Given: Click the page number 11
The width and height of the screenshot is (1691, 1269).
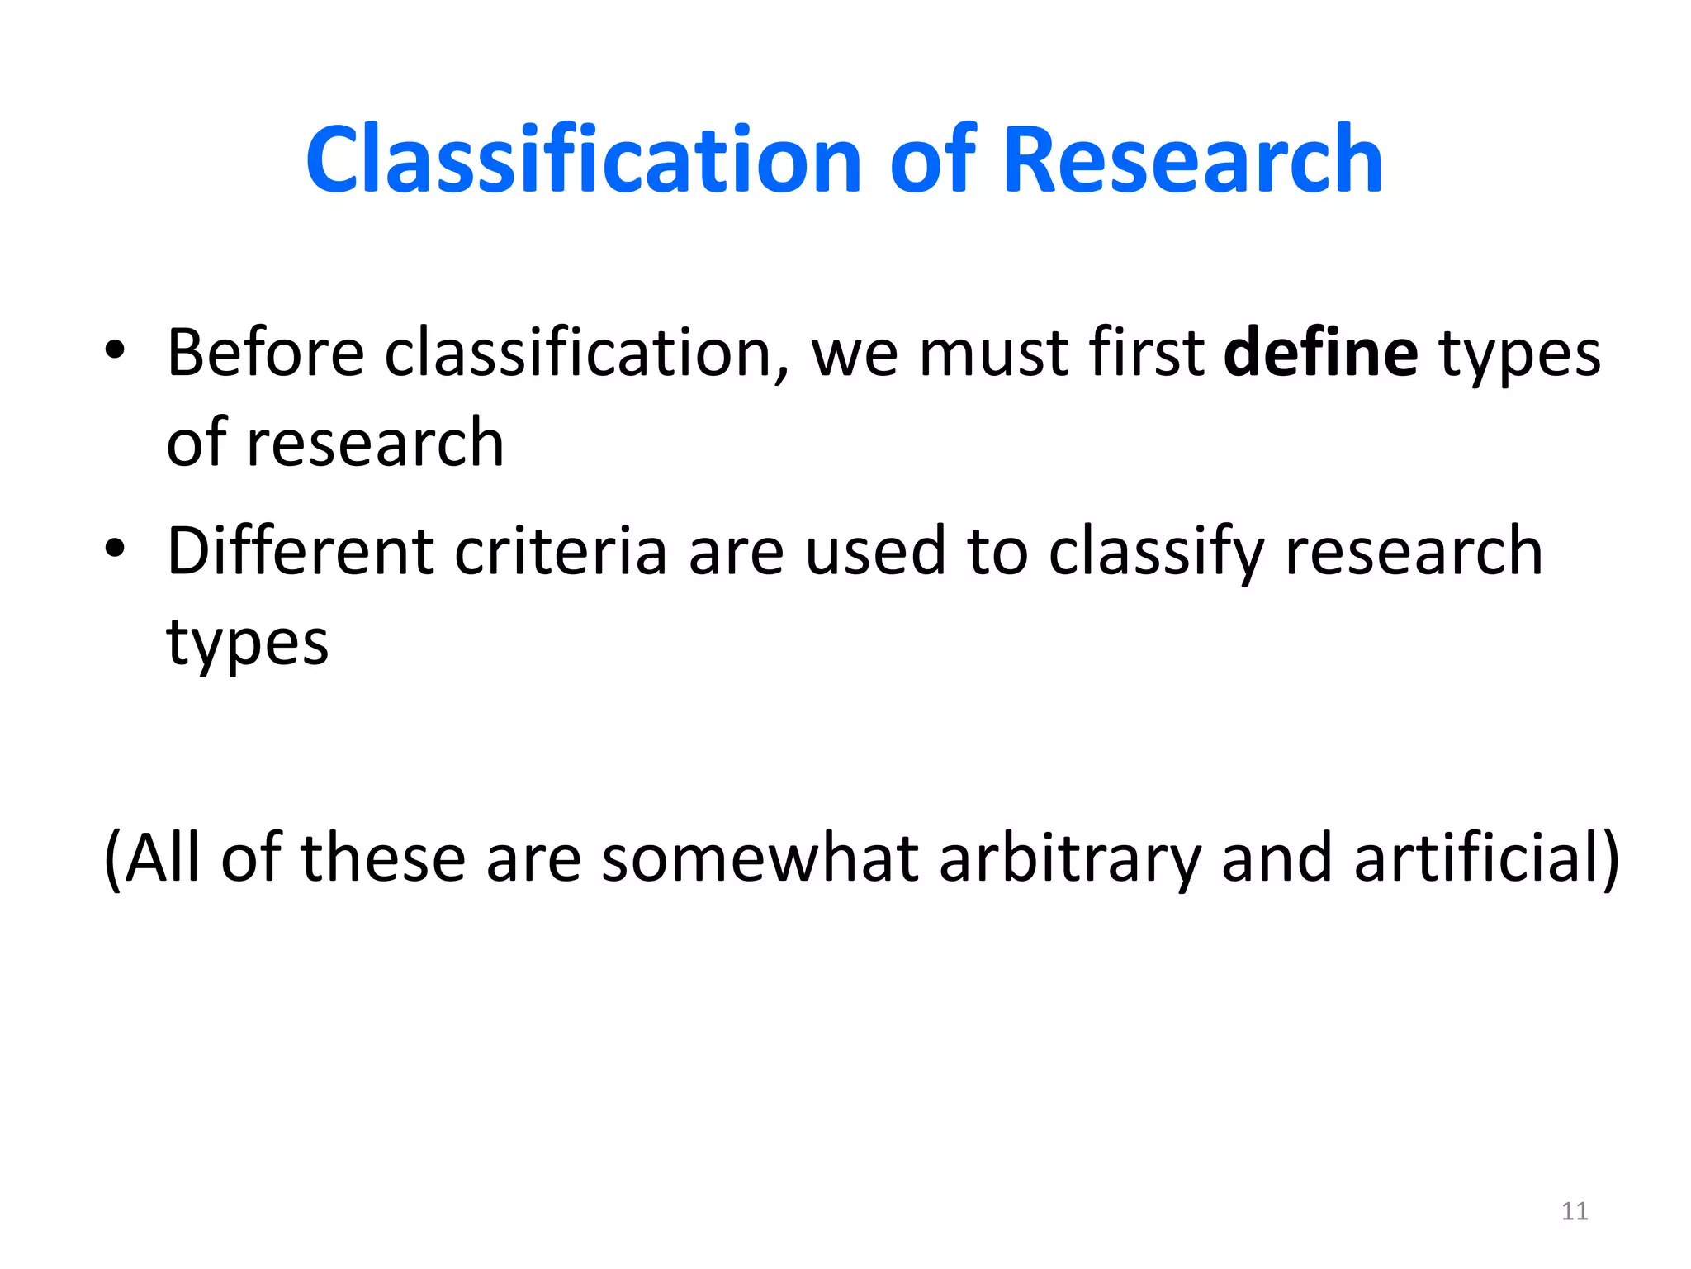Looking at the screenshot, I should (x=1575, y=1211).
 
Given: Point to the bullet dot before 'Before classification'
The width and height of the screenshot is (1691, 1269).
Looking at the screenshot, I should (x=115, y=350).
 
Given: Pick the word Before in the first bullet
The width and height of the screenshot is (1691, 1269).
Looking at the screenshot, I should (x=265, y=353).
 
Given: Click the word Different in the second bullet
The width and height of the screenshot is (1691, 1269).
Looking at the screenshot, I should (x=301, y=551).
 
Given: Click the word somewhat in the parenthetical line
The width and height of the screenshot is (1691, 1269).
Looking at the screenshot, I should (x=760, y=858).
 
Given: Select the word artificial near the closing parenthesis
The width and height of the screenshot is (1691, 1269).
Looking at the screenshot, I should (x=1474, y=858).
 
